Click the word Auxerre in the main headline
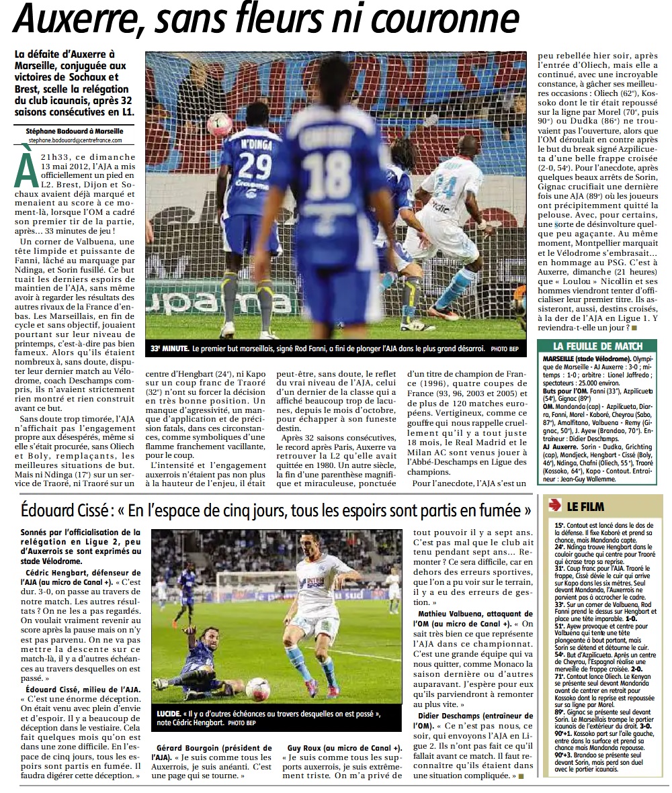74,20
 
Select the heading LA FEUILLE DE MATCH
597,346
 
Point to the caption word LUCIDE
166,713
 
